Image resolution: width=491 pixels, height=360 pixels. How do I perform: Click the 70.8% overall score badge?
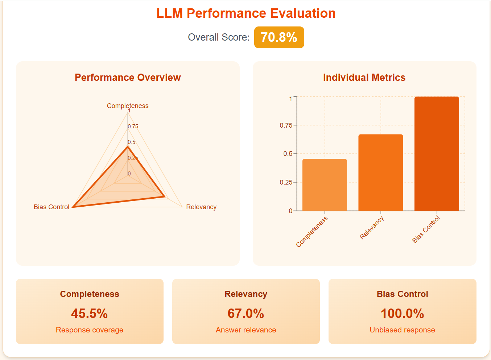[279, 37]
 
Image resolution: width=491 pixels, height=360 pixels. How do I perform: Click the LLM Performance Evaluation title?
[246, 13]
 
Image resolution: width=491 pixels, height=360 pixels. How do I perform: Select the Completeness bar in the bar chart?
[325, 185]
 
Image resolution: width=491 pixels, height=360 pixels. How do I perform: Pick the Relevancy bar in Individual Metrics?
[380, 173]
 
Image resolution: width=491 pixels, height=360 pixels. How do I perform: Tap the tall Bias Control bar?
[437, 154]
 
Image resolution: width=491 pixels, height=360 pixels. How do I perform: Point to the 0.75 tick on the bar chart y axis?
[286, 125]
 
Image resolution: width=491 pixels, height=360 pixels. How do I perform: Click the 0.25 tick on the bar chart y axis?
[286, 182]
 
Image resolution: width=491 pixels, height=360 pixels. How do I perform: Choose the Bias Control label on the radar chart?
[51, 207]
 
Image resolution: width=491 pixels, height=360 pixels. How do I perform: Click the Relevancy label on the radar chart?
[201, 207]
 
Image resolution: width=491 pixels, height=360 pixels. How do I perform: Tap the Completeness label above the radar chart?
[128, 106]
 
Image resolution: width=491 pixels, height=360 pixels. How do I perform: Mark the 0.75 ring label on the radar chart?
[133, 127]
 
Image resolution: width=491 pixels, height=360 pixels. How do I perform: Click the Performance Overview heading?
[128, 78]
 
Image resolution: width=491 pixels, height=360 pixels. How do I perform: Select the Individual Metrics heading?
[364, 78]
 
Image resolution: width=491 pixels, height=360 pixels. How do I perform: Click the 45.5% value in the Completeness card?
[90, 314]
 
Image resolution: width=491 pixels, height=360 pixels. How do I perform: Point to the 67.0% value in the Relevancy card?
[246, 314]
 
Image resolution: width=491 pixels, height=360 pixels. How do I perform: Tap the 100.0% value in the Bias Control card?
[402, 314]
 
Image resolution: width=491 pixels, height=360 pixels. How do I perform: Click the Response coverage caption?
[90, 330]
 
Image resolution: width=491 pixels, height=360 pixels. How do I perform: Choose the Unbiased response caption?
[402, 330]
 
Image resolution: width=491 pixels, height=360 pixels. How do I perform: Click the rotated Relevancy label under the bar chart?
[372, 228]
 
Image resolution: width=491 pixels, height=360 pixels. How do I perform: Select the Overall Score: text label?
[219, 37]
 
